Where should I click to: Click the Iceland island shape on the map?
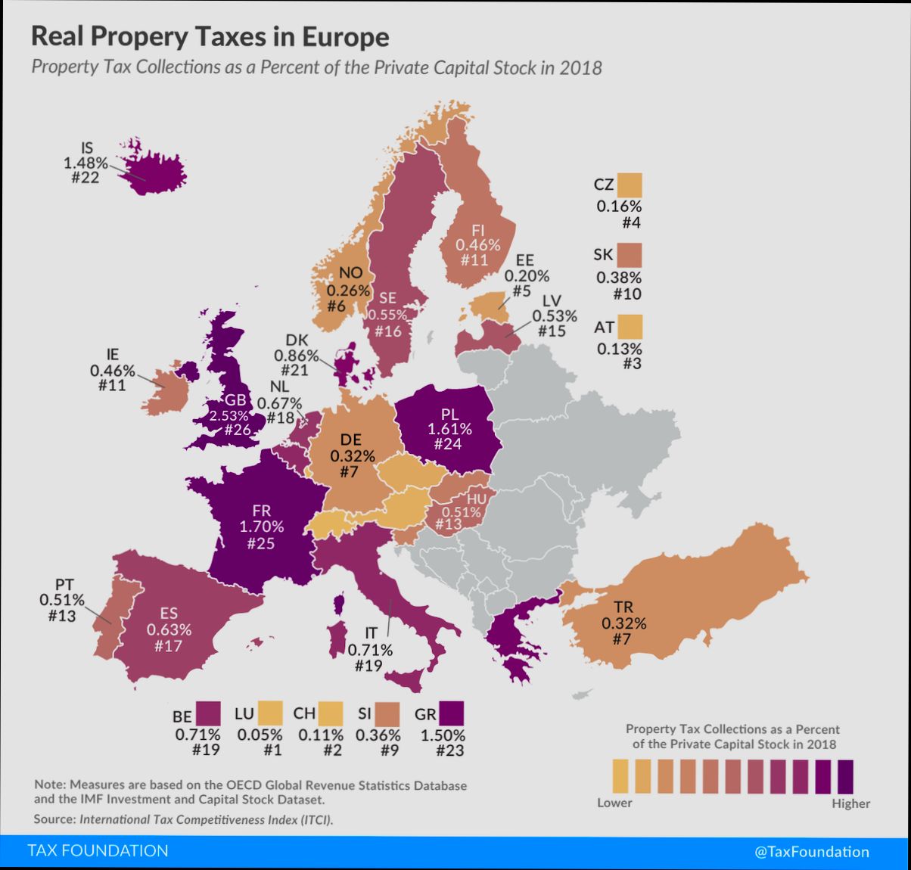(155, 170)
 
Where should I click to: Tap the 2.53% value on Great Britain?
(229, 415)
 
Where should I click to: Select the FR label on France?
(261, 511)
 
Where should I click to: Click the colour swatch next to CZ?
(629, 185)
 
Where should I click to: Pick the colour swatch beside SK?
(629, 255)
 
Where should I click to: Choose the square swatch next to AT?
(629, 327)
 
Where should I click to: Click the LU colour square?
(269, 713)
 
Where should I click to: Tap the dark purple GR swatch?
(452, 713)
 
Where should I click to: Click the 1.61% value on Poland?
(449, 429)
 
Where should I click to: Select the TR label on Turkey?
(623, 607)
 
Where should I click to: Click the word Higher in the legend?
(850, 803)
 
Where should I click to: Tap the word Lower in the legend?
(614, 803)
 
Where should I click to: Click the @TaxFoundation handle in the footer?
(811, 852)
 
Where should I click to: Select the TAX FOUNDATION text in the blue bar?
(98, 851)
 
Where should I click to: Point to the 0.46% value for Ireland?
(112, 371)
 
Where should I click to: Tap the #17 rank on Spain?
(168, 646)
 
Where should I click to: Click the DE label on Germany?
(350, 440)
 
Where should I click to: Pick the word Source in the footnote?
(54, 819)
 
